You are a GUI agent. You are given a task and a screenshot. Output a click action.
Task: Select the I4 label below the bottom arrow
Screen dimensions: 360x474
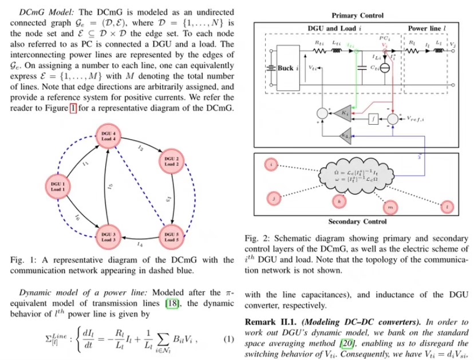click(x=140, y=244)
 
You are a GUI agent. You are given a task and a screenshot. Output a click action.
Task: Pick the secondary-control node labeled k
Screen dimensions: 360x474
click(x=339, y=201)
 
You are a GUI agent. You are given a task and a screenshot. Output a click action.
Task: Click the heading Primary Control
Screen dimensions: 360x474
click(x=358, y=15)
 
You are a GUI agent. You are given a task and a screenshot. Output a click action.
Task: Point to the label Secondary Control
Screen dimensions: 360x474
click(x=357, y=221)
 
